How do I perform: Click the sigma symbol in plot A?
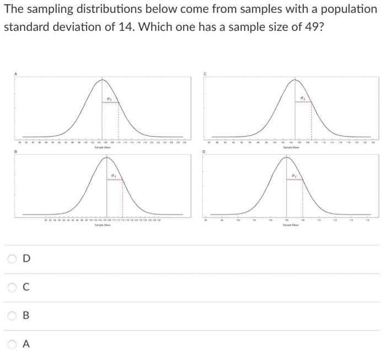[109, 99]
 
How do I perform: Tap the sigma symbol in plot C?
[303, 99]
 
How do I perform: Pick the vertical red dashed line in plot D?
[303, 198]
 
